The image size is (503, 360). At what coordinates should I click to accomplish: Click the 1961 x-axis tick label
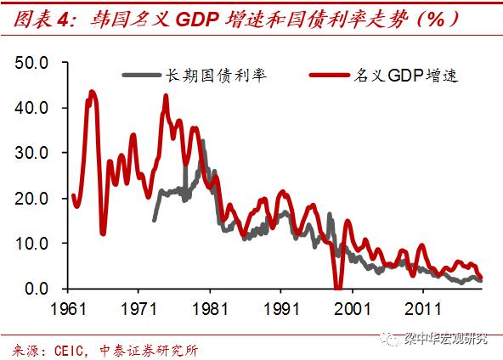[71, 307]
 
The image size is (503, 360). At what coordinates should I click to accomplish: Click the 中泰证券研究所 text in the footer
[153, 350]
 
